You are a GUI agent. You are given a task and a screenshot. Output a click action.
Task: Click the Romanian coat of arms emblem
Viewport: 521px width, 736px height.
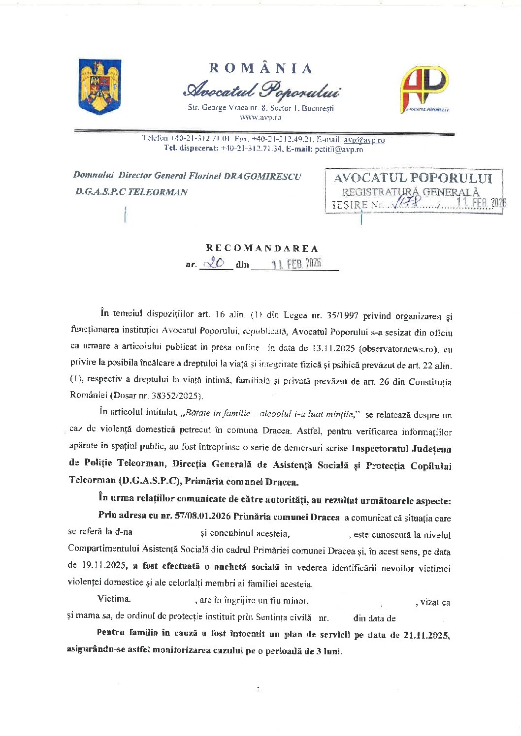coord(100,86)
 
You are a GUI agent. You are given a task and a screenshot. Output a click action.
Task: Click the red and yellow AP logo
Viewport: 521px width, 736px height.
coord(424,89)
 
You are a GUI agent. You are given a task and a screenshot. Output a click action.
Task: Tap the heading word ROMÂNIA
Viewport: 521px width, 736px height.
coord(260,68)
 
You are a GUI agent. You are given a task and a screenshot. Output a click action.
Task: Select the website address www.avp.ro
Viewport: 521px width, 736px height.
coord(260,118)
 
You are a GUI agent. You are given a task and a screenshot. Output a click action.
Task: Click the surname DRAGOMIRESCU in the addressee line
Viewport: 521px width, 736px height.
coord(262,176)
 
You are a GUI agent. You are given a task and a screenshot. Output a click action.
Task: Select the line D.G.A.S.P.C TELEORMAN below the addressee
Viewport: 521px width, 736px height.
coord(131,192)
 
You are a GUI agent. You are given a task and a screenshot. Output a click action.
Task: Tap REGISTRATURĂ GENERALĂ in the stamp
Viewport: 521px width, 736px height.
coord(411,192)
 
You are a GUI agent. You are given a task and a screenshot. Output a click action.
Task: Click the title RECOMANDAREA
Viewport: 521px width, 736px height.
coord(262,248)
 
